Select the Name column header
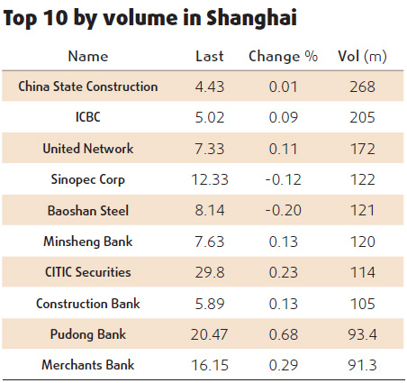click(x=88, y=56)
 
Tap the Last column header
click(x=210, y=56)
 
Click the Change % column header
click(x=283, y=56)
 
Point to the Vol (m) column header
click(x=363, y=56)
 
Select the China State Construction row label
click(x=88, y=87)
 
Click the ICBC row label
click(x=88, y=117)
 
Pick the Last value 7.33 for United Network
click(x=210, y=148)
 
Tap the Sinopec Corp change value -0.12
click(x=283, y=179)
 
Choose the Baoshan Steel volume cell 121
click(x=363, y=210)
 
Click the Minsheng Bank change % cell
click(x=283, y=241)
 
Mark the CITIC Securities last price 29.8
click(x=210, y=271)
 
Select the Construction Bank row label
click(x=88, y=303)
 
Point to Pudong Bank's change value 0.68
click(x=283, y=333)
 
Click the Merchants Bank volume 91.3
click(x=363, y=364)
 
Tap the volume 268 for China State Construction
click(x=363, y=87)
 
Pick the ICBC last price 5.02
click(x=210, y=117)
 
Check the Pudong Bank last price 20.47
click(x=210, y=333)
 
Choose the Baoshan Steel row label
click(x=88, y=210)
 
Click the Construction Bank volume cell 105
click(x=363, y=303)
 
